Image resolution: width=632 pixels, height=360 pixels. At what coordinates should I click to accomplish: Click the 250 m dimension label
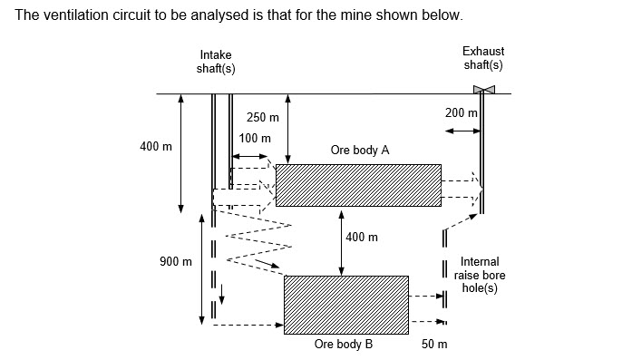(263, 118)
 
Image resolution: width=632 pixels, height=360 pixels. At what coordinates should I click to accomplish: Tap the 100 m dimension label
(255, 139)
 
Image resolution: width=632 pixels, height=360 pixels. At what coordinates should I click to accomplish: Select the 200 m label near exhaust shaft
(462, 112)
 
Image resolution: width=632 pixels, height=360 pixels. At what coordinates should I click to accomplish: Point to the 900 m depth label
(176, 262)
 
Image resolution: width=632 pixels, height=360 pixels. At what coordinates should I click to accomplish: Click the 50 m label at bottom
(435, 345)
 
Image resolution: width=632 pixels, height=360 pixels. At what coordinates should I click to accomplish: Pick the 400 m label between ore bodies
(362, 238)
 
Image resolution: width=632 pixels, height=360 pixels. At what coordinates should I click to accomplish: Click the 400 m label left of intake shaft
(156, 147)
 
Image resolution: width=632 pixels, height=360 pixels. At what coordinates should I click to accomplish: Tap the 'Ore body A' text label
(360, 151)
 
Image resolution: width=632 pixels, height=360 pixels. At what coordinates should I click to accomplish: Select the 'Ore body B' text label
(344, 345)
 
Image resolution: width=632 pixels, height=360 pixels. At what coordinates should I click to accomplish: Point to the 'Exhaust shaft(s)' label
(483, 58)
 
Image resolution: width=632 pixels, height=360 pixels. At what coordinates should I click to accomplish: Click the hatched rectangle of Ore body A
(358, 185)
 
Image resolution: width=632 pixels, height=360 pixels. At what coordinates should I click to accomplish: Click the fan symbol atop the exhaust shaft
(483, 89)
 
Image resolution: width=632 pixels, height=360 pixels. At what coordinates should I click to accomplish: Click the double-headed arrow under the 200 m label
(462, 131)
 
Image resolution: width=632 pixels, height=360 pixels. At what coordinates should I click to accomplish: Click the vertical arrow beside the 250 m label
(287, 128)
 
